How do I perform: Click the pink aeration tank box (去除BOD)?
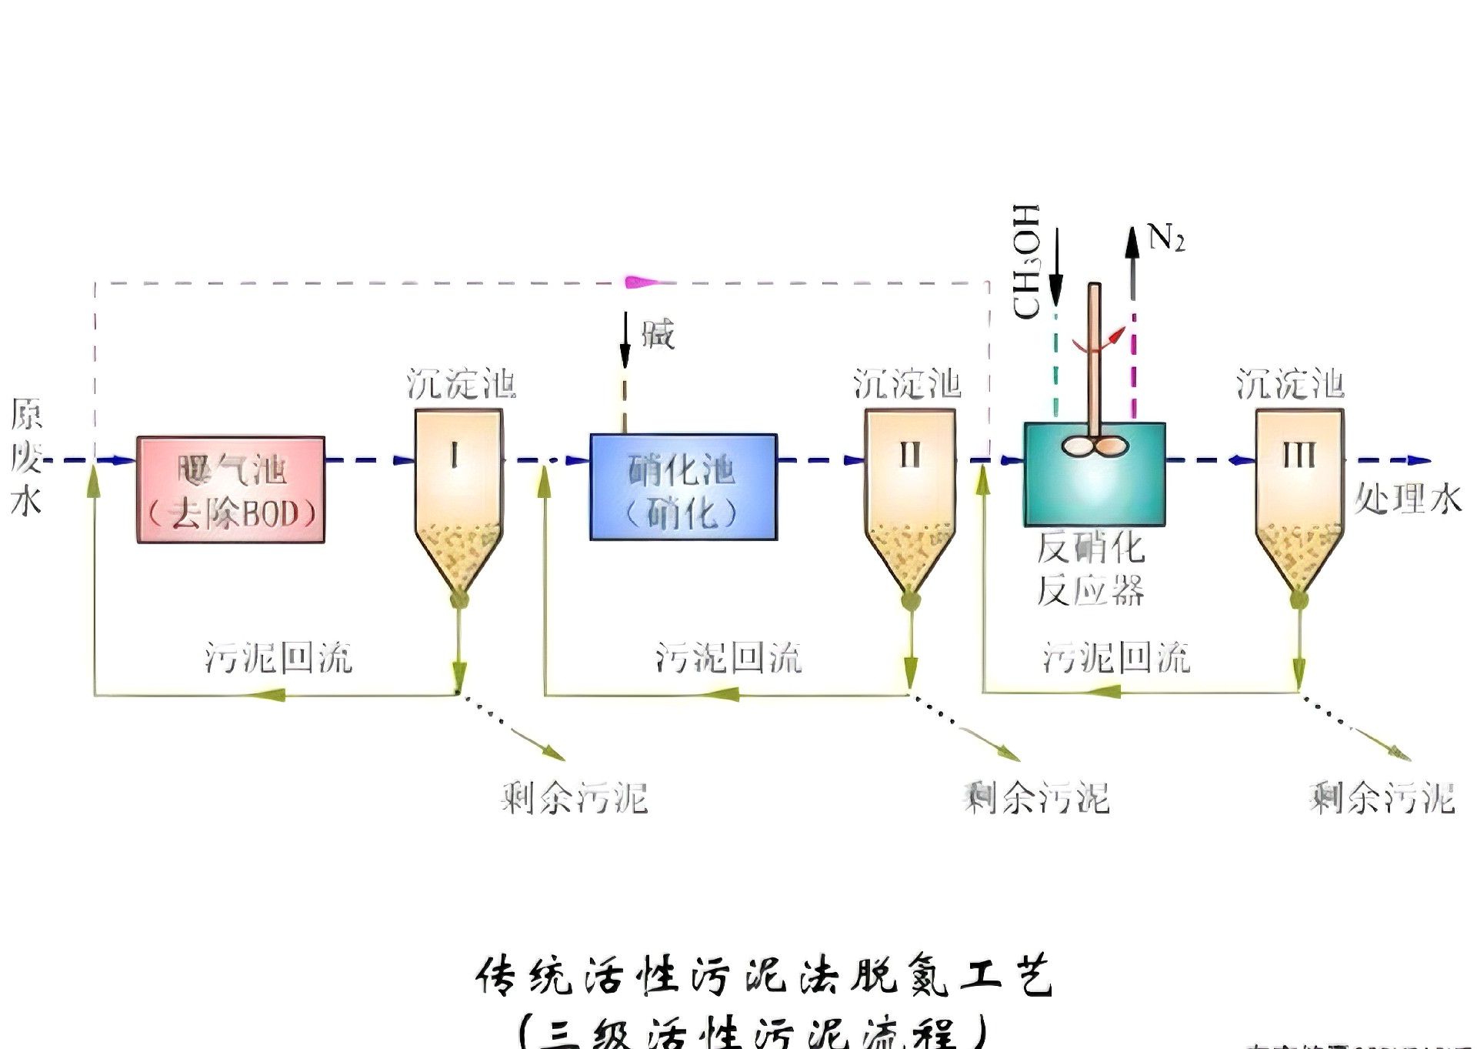[231, 489]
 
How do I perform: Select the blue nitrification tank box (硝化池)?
[683, 487]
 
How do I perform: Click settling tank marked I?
[458, 493]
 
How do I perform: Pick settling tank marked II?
[910, 493]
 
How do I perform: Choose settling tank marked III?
[1299, 493]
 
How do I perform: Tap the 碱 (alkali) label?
[658, 336]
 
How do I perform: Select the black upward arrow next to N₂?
[1132, 262]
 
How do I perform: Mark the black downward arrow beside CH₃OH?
[1056, 266]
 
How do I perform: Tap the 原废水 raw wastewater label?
[26, 458]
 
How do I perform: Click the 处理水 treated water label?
[1408, 499]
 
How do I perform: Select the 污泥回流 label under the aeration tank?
[278, 658]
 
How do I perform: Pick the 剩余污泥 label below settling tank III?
[1382, 798]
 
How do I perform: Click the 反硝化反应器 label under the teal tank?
[1091, 570]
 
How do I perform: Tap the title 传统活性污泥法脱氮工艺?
[763, 976]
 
